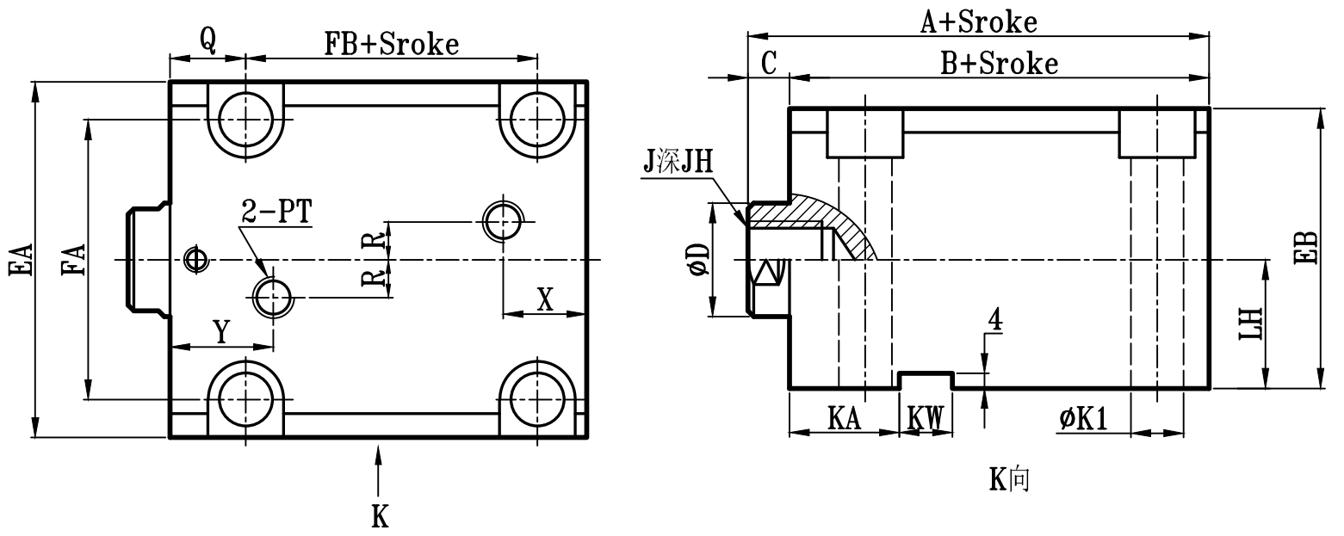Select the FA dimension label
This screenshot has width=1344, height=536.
pyautogui.click(x=73, y=260)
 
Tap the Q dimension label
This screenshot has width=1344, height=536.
pyautogui.click(x=207, y=40)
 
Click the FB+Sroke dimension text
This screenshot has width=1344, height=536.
pyautogui.click(x=391, y=44)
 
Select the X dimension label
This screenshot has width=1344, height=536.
pyautogui.click(x=544, y=299)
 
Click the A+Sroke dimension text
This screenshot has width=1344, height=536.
pyautogui.click(x=978, y=22)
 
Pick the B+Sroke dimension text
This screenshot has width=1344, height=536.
pyautogui.click(x=1000, y=63)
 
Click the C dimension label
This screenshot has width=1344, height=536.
pyautogui.click(x=770, y=63)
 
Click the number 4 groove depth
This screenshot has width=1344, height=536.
pyautogui.click(x=994, y=320)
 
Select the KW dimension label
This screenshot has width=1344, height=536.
pyautogui.click(x=926, y=419)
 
